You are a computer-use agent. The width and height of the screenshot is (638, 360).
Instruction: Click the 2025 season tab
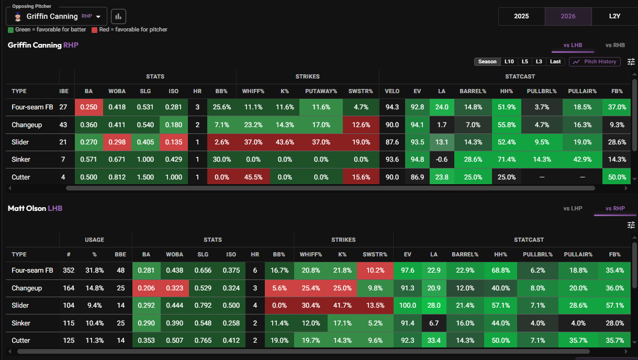tap(521, 16)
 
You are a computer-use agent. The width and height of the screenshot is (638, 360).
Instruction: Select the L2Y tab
tap(614, 16)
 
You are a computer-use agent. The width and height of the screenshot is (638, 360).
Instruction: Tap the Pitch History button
tap(595, 62)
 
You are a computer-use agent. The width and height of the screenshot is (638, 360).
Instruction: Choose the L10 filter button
tap(509, 62)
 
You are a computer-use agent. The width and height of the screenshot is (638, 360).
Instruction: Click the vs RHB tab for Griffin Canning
tap(615, 45)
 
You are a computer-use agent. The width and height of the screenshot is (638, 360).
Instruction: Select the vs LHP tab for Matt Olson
tap(573, 208)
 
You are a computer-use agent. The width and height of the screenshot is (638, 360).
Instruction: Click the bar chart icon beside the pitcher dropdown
tap(118, 17)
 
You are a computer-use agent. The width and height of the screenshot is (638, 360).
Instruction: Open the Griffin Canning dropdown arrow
tap(98, 17)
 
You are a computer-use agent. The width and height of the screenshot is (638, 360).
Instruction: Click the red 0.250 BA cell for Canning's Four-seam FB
tap(89, 107)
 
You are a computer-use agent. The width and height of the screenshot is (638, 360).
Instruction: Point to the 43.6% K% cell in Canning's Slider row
tap(285, 142)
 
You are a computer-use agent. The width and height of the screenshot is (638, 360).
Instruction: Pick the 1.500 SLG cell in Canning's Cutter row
tap(145, 177)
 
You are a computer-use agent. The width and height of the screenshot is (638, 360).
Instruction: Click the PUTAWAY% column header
tap(321, 91)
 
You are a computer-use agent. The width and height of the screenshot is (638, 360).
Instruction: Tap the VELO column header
tap(392, 91)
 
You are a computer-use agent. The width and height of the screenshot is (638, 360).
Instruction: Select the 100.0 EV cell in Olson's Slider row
tap(408, 305)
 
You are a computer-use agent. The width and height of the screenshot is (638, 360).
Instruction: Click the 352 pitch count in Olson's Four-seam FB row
tap(69, 271)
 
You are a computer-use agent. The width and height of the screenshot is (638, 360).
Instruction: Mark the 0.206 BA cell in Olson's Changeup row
tap(146, 288)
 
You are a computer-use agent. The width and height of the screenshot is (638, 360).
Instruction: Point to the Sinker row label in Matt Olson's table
tap(21, 323)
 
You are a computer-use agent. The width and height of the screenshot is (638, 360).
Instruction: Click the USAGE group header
tap(94, 240)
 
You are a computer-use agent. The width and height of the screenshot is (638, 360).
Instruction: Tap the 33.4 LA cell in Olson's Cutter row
tap(434, 340)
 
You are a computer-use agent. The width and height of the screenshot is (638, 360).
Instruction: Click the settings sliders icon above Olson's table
tap(631, 225)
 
